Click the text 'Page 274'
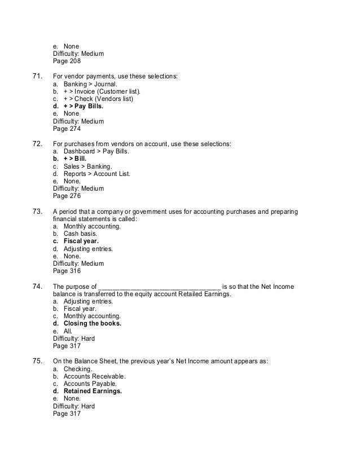coord(67,129)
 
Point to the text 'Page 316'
coord(67,270)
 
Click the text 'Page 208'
coord(67,61)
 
